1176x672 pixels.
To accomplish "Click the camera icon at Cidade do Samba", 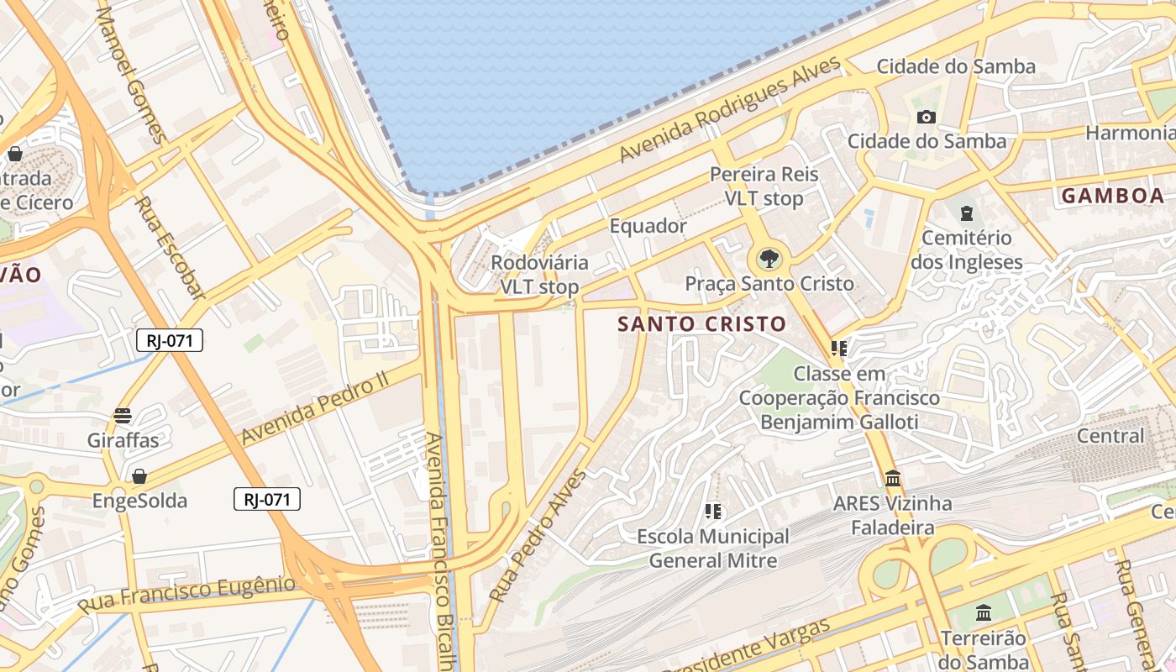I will pos(927,117).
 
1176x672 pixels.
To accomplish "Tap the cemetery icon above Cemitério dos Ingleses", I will pos(967,213).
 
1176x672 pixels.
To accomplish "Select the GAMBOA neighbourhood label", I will pos(1113,196).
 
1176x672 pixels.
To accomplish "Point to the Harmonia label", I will pos(1130,133).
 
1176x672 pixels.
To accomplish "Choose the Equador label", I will pos(648,226).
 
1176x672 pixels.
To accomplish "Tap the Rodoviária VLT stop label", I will pos(539,275).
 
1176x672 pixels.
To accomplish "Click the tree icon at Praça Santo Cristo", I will pos(768,258).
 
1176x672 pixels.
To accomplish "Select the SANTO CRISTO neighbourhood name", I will pos(702,324).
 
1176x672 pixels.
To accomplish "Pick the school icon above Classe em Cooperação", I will pos(838,348).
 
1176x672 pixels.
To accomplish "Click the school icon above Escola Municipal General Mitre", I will pos(714,511).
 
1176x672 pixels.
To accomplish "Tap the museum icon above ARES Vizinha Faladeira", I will pos(893,478).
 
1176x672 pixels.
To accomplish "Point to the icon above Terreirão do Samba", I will pos(983,612).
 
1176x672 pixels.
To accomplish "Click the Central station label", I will pos(1110,436).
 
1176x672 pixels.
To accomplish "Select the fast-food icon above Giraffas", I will pos(123,415).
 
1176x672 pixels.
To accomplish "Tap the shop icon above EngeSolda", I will pos(139,476).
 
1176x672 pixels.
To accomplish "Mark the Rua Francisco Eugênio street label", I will pos(186,593).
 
